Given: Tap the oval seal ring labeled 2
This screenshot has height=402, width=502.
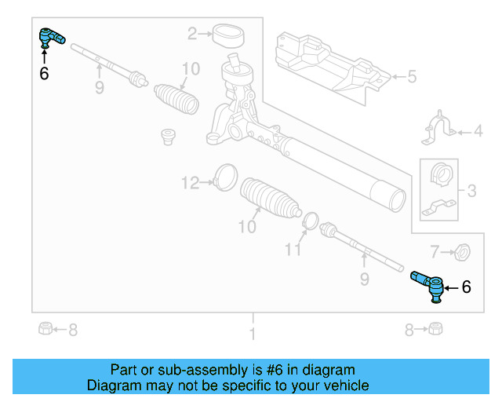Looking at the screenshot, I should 229,35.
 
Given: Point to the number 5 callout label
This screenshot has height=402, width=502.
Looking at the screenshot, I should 412,77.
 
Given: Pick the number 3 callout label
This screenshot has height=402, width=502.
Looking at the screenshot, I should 471,190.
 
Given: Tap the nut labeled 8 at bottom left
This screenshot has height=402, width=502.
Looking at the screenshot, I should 45,329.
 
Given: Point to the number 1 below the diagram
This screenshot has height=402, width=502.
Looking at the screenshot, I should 252,334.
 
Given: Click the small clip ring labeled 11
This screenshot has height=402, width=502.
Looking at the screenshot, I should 311,223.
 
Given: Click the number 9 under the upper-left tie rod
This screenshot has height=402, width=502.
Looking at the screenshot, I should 100,88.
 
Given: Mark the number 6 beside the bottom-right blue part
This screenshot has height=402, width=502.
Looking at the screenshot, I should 466,288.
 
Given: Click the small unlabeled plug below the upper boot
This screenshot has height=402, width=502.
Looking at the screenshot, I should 166,137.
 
